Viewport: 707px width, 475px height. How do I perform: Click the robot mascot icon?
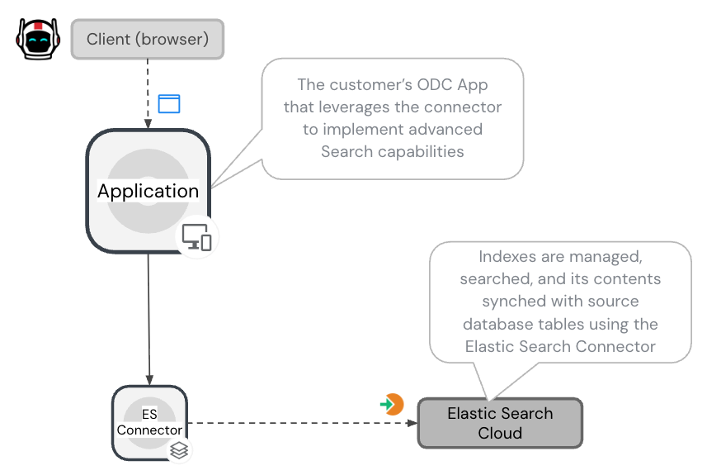click(x=36, y=38)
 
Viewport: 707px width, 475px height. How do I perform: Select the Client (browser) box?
click(x=148, y=39)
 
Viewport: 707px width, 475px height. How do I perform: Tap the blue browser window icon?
click(x=169, y=103)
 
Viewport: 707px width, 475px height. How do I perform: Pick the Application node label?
click(x=148, y=191)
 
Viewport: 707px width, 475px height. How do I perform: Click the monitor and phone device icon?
click(x=196, y=236)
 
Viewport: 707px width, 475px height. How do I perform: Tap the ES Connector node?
click(x=149, y=422)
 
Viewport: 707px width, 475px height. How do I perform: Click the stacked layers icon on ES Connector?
click(x=179, y=449)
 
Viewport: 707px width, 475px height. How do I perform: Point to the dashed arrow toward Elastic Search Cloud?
click(x=297, y=423)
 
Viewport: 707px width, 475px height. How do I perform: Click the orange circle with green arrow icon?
click(x=392, y=404)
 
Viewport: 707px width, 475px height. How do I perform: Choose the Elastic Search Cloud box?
click(x=500, y=423)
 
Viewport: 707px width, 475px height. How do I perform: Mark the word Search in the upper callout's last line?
click(x=346, y=151)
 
